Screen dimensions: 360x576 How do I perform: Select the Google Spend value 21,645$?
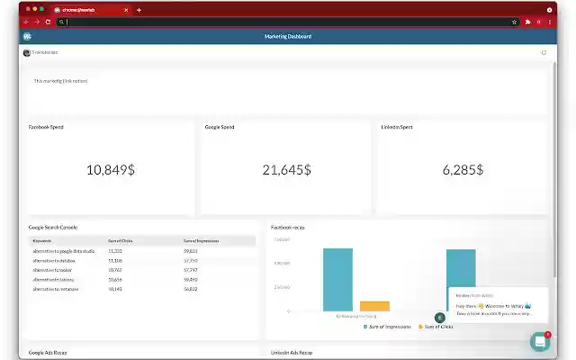[286, 169]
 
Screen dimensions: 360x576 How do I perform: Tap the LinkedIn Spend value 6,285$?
[463, 169]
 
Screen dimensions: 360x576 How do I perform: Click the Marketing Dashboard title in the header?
[288, 37]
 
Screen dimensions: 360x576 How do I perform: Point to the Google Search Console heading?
[53, 228]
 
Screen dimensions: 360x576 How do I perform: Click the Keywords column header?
[42, 241]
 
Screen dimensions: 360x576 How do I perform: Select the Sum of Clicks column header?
[121, 241]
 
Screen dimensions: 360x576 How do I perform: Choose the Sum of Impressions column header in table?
[202, 241]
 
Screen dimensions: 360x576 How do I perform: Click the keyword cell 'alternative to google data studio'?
[63, 251]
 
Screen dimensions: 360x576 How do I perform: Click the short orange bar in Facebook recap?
[374, 306]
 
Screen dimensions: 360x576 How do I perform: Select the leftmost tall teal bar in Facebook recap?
[337, 280]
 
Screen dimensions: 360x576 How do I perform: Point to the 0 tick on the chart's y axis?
[288, 311]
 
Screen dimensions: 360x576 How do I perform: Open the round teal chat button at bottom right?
[540, 341]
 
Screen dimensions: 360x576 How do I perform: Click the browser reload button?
[48, 22]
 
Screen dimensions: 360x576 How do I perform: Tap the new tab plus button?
[139, 10]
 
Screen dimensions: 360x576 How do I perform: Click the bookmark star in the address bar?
[514, 22]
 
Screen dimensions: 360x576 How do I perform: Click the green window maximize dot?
[40, 9]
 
